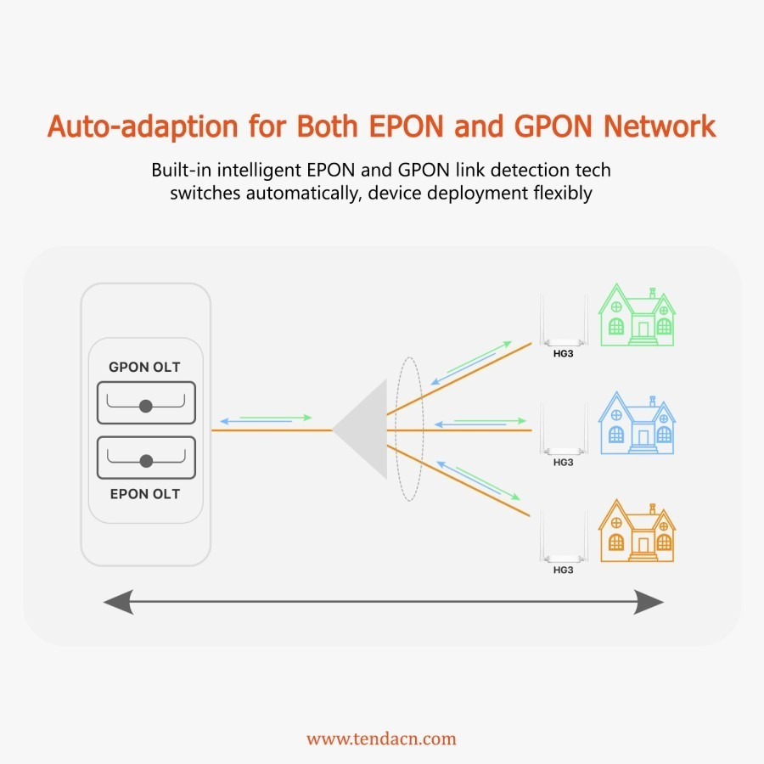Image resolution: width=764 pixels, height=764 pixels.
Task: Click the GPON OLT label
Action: tap(144, 367)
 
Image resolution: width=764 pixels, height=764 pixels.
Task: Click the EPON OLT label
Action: tap(144, 494)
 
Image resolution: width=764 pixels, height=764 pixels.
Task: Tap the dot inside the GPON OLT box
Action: tap(146, 406)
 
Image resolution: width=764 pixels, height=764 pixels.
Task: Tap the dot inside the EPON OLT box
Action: tap(146, 461)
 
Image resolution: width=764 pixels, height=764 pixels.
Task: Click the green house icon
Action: tap(637, 315)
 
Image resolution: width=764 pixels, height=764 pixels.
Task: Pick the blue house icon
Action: tap(637, 423)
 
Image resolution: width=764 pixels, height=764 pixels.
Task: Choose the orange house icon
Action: tap(637, 531)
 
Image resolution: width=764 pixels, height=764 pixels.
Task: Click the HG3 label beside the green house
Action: tap(564, 354)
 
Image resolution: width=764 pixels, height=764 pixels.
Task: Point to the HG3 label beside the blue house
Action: tap(564, 463)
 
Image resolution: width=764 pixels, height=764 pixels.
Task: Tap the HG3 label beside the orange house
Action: tap(564, 570)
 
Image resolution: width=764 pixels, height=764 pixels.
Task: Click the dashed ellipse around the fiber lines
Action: tap(395, 430)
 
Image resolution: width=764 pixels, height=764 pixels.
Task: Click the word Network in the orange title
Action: tap(660, 126)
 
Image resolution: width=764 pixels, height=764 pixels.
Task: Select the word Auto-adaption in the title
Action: tap(143, 126)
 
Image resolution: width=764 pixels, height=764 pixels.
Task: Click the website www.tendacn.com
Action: tap(381, 739)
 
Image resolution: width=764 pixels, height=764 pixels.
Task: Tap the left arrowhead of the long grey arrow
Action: tap(118, 602)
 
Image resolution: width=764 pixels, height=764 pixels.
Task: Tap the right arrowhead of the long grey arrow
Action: tap(649, 602)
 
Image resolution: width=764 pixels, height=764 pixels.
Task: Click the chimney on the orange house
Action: tap(653, 509)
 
